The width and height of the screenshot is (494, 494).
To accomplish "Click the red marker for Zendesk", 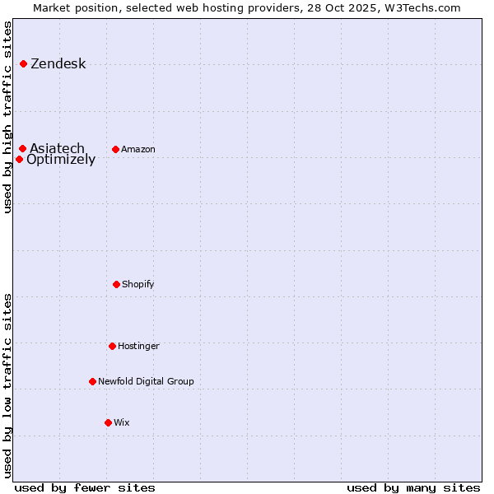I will point(23,63).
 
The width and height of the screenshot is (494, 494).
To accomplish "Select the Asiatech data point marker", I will point(22,148).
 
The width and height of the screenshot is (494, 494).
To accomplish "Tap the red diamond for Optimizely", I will point(19,159).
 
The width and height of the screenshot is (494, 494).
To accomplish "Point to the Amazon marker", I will point(115,149).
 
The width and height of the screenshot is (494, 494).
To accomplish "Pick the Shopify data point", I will point(116,284).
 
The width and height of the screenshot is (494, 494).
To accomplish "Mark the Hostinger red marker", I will point(112,346).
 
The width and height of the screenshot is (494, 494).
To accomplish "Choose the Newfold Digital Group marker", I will point(92,381).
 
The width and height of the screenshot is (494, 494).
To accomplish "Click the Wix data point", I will point(108,422).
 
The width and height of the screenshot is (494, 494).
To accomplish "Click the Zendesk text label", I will point(58,64).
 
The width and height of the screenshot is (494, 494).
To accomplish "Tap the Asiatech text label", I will point(57,148).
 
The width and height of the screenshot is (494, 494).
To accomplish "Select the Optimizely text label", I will point(61,160).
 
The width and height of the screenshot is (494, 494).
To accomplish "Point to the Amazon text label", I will point(138,149).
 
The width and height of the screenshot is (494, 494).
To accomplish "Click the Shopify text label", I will point(138,284).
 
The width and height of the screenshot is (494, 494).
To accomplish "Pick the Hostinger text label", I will point(138,346).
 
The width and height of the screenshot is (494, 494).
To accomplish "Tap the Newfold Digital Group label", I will point(146,381).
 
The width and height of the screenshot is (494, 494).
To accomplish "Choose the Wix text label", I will point(122,422).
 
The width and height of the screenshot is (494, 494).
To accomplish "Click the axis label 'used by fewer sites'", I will point(85,487).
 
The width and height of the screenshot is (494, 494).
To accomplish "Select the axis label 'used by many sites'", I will point(413,487).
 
